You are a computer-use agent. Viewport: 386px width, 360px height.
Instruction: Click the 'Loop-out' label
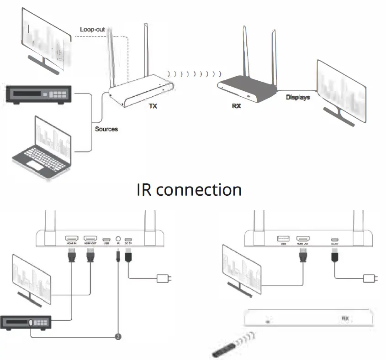(92, 30)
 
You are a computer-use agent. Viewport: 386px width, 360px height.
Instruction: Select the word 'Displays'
(298, 97)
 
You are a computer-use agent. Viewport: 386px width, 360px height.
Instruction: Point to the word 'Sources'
(106, 129)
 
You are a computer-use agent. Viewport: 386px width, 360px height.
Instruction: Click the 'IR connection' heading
(189, 189)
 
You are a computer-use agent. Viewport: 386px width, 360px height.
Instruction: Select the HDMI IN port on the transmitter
(71, 238)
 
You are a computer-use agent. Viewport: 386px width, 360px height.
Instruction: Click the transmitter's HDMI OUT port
(90, 238)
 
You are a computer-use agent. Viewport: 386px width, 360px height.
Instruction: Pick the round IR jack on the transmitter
(118, 238)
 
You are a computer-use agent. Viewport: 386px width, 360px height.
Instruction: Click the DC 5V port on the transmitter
(129, 239)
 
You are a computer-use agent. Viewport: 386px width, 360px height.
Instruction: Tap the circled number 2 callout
(118, 337)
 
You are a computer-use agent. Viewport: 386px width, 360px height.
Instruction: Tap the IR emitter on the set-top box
(31, 323)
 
